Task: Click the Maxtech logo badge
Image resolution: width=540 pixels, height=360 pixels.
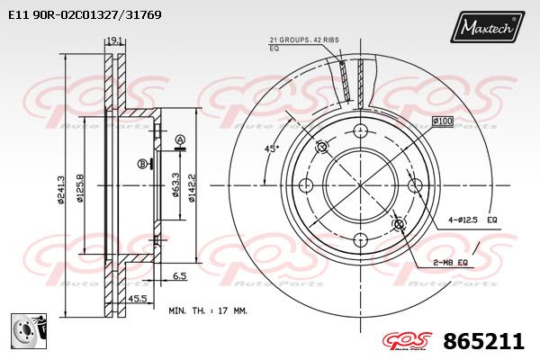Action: pos(487,26)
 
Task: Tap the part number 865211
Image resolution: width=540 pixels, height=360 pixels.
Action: pos(483,341)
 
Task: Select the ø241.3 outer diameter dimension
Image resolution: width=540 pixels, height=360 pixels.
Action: pos(60,190)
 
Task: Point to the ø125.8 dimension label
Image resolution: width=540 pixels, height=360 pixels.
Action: pos(80,188)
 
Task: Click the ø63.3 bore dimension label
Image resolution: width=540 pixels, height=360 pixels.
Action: pos(175,184)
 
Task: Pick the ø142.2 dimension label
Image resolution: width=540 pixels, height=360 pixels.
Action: pos(192,187)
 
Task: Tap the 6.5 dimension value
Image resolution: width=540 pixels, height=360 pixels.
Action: pos(179,275)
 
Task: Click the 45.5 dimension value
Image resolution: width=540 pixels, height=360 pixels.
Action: pos(138,298)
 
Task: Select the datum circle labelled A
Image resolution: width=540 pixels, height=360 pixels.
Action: pos(180,139)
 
